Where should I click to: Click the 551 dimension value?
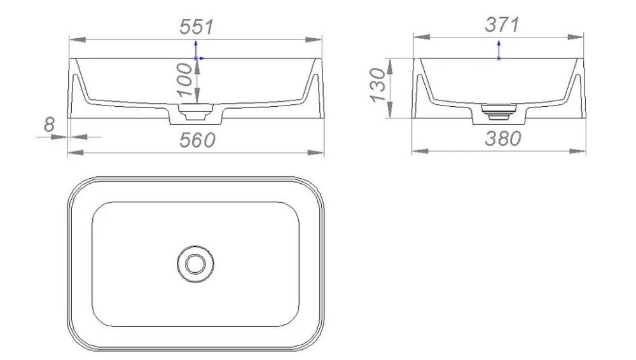tap(197, 27)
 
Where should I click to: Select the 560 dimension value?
tap(197, 140)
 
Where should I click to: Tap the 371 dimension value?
tap(502, 25)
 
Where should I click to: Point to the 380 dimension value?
tap(502, 139)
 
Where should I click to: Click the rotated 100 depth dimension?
tap(185, 80)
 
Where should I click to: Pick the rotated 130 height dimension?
tap(377, 85)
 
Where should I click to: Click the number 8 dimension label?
tap(49, 124)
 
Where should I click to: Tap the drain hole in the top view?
tap(195, 264)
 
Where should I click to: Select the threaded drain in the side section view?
tap(499, 111)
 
